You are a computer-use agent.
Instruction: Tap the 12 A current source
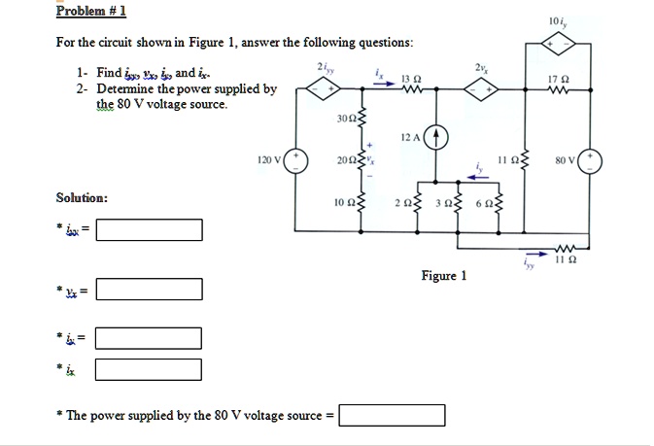pos(436,136)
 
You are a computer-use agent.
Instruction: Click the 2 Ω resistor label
pos(403,204)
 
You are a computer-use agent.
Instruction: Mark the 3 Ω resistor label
pos(442,204)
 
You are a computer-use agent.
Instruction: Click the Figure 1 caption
pos(443,276)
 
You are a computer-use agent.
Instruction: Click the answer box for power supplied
pos(392,416)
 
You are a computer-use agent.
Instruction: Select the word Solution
pos(82,198)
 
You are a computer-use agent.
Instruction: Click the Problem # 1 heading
pos(85,12)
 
